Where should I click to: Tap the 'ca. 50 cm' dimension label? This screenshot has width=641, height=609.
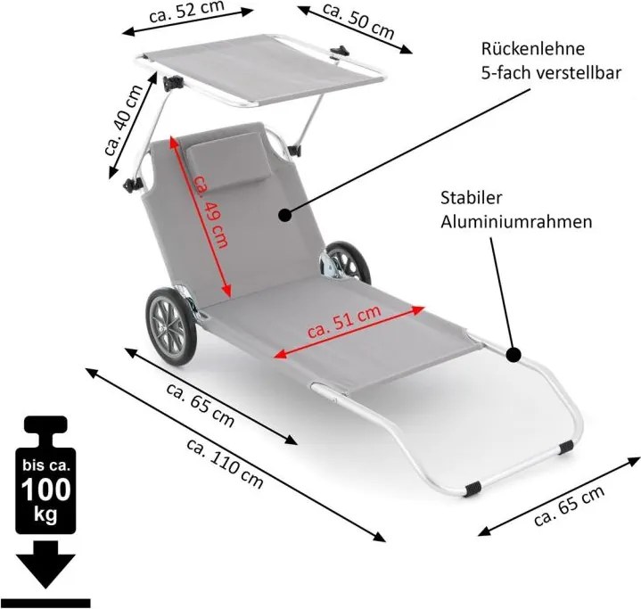point(357,22)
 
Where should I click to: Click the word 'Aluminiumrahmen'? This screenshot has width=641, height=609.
point(516,222)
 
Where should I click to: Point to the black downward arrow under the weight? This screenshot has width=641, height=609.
point(46,565)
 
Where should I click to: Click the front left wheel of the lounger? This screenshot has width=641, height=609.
point(168,325)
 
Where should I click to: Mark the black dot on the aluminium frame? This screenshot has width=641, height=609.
point(514,355)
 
